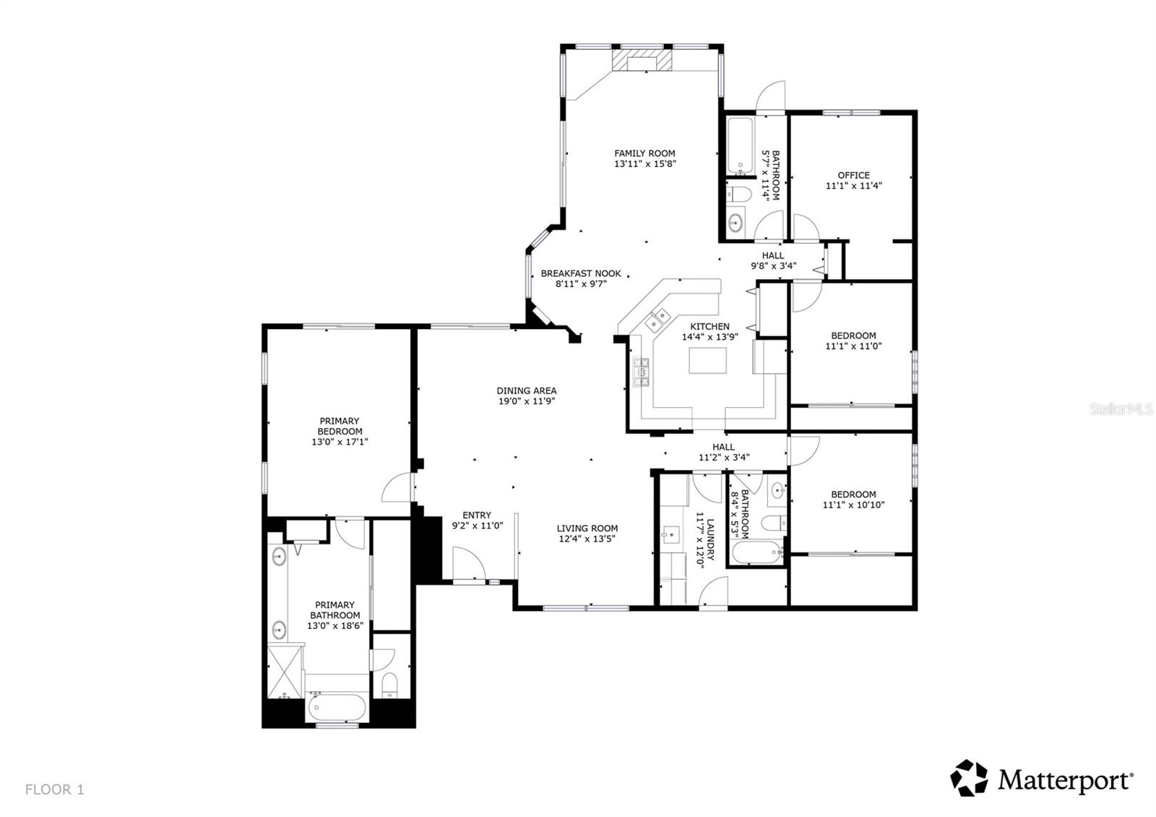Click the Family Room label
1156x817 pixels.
click(x=644, y=153)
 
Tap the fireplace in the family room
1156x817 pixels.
click(x=642, y=59)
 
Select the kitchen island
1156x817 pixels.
click(x=707, y=360)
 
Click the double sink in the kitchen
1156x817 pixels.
click(x=657, y=320)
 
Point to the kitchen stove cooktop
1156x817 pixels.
click(x=642, y=372)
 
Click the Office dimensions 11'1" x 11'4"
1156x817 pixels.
click(x=853, y=186)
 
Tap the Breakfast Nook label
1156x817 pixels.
click(x=581, y=274)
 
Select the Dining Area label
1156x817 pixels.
click(x=527, y=390)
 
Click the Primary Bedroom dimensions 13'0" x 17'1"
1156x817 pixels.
click(x=340, y=442)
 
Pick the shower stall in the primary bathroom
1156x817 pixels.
click(x=285, y=672)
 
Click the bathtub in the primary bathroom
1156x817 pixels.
click(x=336, y=706)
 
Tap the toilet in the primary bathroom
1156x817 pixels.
click(x=389, y=685)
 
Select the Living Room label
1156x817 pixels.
click(x=587, y=529)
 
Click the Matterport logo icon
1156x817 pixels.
click(x=969, y=777)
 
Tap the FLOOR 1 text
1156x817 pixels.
click(x=54, y=790)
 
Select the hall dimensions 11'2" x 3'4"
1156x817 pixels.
click(x=724, y=457)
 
